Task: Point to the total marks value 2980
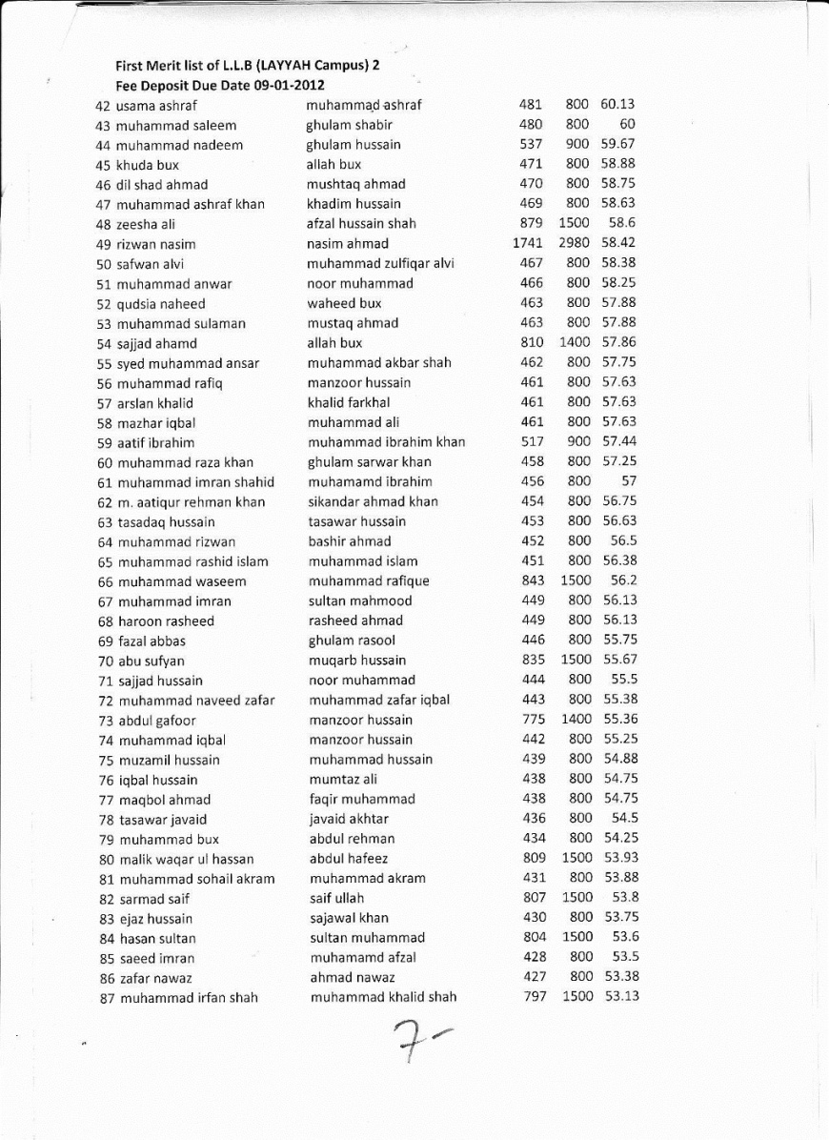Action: tap(575, 243)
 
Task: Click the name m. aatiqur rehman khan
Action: tap(191, 502)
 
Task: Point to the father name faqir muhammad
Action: tap(362, 799)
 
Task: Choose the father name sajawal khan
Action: tap(349, 918)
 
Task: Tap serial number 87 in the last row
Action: tap(108, 998)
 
